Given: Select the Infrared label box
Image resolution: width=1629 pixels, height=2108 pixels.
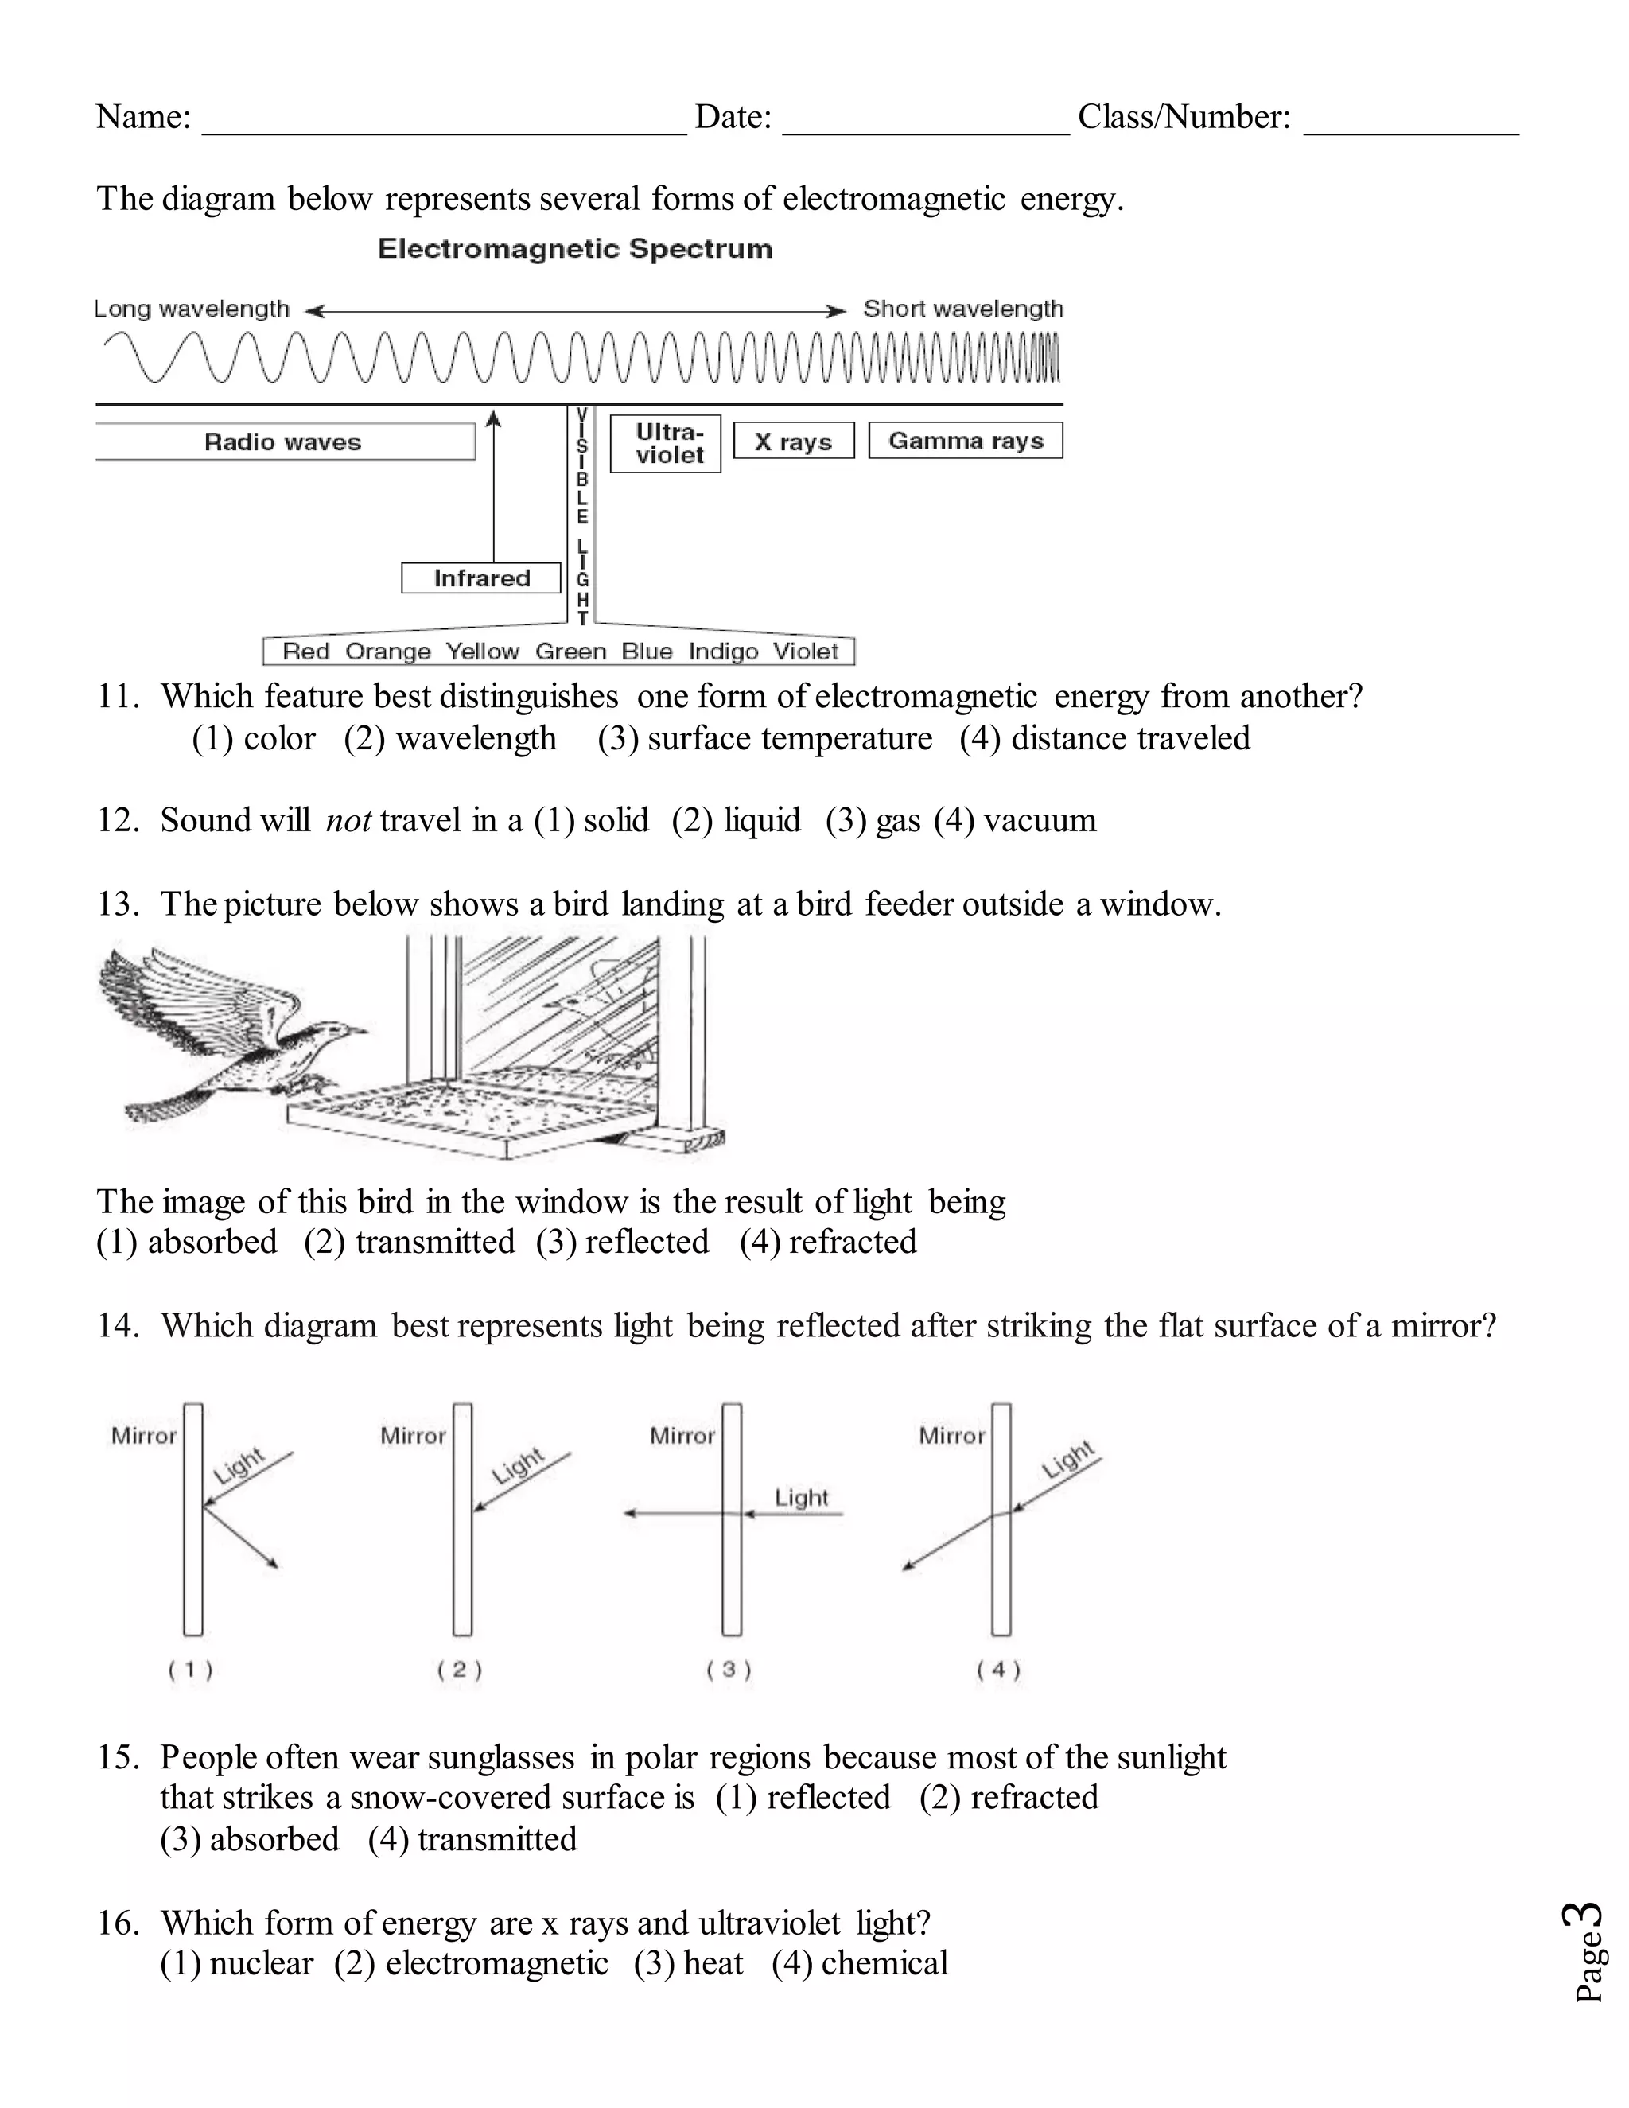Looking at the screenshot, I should click(480, 578).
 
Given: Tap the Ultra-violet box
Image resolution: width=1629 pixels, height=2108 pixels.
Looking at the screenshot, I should click(666, 444).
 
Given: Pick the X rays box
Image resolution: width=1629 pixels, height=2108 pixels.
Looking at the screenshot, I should click(793, 441).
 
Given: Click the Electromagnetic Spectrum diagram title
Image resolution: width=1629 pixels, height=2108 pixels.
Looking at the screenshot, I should click(575, 249).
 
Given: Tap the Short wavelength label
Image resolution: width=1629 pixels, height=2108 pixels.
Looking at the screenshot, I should click(962, 309).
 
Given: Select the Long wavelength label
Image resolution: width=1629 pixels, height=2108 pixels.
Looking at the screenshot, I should click(192, 309).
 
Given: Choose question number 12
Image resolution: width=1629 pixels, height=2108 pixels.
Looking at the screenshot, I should click(118, 820).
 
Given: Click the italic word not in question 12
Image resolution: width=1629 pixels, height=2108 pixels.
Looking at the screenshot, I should click(348, 820).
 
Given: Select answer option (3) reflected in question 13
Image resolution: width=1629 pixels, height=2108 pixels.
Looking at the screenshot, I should click(623, 1241).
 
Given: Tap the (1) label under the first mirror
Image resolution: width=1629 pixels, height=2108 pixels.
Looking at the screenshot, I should click(190, 1670).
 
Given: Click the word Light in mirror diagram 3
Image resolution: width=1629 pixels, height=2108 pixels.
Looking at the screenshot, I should click(801, 1497).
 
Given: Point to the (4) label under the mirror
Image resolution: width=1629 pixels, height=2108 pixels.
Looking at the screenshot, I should click(998, 1670).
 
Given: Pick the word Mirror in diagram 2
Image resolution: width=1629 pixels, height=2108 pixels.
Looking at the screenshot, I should click(413, 1436).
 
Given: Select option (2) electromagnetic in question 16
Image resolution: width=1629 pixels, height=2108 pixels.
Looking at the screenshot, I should click(471, 1963).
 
